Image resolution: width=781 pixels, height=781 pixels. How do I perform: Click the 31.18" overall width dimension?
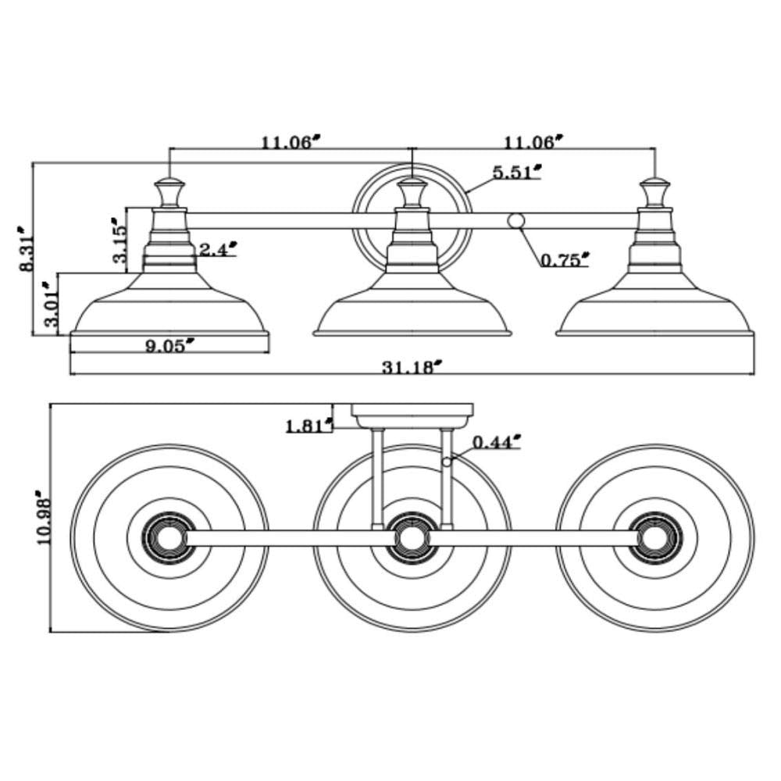[412, 366]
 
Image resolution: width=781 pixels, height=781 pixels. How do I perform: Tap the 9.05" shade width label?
[169, 345]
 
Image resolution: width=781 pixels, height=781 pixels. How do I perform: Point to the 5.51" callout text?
[517, 172]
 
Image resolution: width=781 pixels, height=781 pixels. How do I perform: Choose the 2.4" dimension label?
[217, 249]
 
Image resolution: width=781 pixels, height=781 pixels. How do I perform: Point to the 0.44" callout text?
[496, 443]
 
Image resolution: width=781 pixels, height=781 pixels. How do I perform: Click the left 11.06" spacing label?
[291, 142]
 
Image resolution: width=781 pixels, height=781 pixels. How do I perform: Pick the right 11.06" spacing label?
[533, 142]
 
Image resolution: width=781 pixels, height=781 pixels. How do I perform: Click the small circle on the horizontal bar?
[515, 220]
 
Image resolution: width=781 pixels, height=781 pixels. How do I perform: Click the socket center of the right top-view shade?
[655, 537]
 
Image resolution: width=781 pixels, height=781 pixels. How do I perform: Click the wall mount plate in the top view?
[412, 415]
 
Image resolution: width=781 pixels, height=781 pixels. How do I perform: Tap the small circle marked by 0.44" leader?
[447, 462]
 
